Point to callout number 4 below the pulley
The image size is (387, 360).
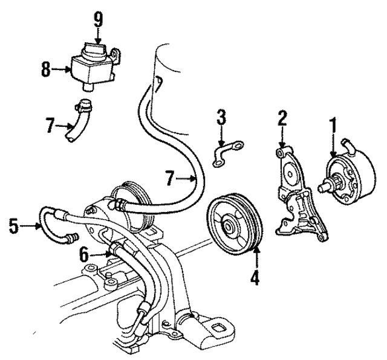[x=256, y=279]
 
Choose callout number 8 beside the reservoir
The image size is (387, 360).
[x=46, y=69]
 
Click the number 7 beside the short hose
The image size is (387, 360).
[x=51, y=126]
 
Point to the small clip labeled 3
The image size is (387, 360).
[x=227, y=152]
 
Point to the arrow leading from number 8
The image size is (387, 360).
[x=61, y=70]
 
